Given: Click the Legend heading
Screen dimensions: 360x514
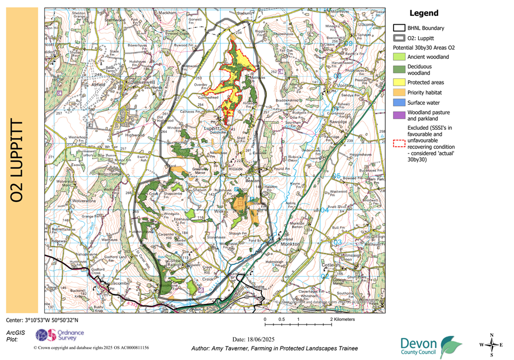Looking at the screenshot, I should (423, 13).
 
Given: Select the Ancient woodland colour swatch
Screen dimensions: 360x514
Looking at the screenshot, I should (399, 57).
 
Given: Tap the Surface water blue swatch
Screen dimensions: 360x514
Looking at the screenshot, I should (399, 102).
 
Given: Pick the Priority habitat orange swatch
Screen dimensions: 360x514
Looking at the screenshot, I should (399, 93).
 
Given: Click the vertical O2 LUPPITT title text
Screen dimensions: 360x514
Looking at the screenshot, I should (20, 161).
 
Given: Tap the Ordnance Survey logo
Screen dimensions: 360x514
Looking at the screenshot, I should (59, 336).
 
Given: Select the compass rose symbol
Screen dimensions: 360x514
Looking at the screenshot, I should (492, 345).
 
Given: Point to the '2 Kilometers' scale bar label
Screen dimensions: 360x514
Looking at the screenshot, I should (341, 319).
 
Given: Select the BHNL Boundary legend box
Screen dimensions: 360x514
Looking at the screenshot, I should (399, 28).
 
